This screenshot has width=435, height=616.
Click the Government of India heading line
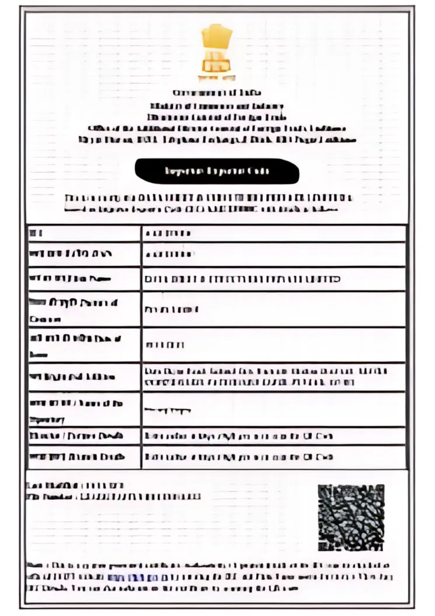tap(217, 93)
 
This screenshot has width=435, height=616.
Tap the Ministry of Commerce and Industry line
tap(217, 106)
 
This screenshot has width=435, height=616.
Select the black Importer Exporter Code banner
tap(217, 171)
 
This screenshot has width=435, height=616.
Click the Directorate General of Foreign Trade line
tap(217, 117)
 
